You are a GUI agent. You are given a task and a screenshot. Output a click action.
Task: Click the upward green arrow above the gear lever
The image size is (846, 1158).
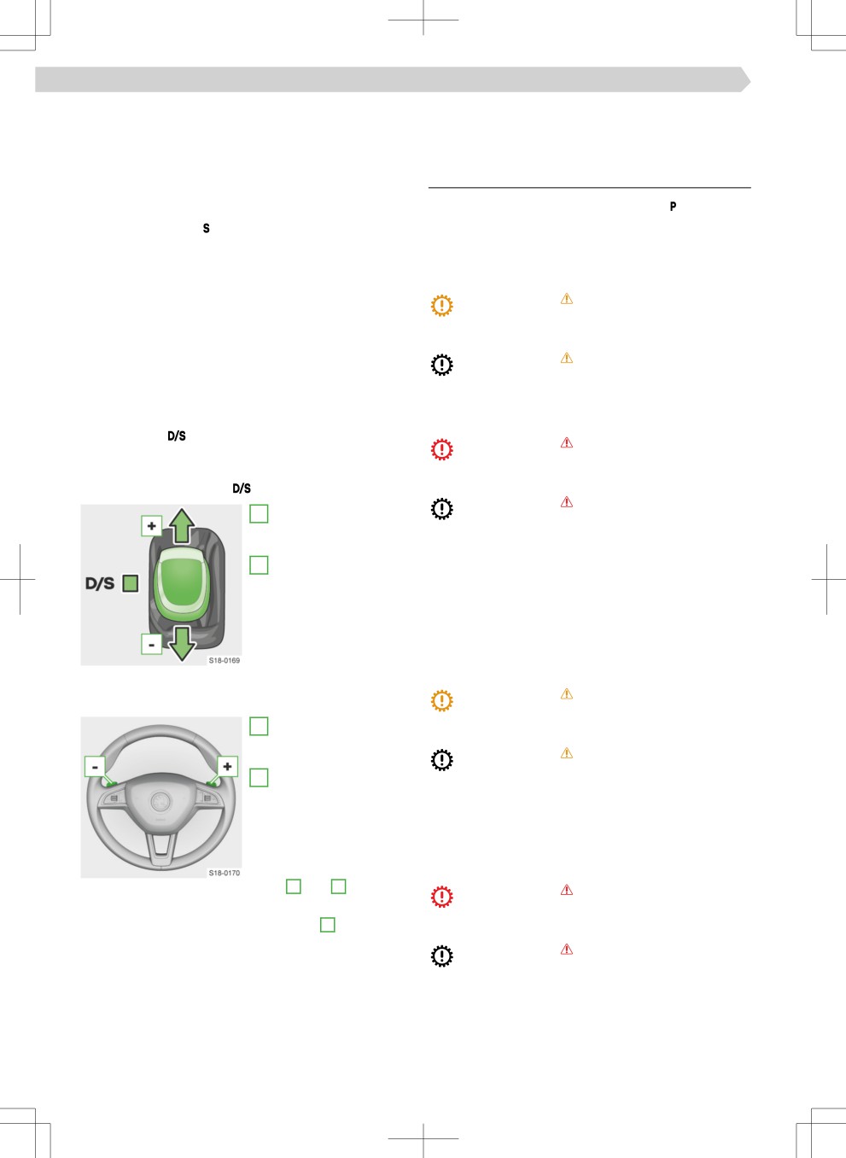tap(181, 525)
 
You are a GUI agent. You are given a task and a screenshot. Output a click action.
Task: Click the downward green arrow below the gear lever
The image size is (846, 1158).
tap(182, 644)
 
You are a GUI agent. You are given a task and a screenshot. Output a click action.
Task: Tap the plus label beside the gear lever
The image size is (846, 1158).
tap(151, 526)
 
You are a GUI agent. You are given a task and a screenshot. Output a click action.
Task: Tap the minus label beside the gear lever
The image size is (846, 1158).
tap(151, 644)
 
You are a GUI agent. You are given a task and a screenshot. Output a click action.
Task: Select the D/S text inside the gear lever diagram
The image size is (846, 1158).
tap(100, 583)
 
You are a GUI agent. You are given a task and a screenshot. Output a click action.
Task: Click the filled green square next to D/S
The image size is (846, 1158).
tap(131, 583)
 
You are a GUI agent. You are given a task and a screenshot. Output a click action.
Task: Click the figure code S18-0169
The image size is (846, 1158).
tap(225, 660)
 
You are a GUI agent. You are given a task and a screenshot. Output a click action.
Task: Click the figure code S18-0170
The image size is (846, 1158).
tap(225, 873)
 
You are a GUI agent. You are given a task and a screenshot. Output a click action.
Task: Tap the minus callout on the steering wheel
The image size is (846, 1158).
tap(95, 767)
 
